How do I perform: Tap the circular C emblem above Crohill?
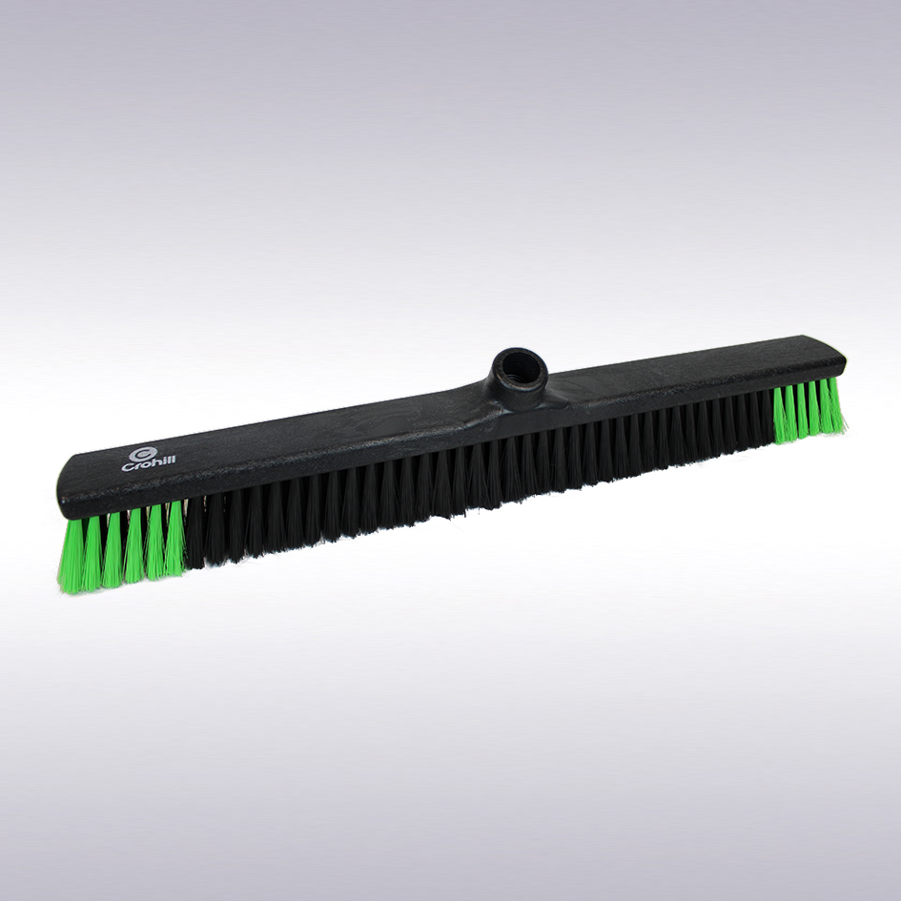(143, 454)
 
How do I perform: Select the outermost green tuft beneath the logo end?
(71, 556)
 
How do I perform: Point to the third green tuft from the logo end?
(113, 549)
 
